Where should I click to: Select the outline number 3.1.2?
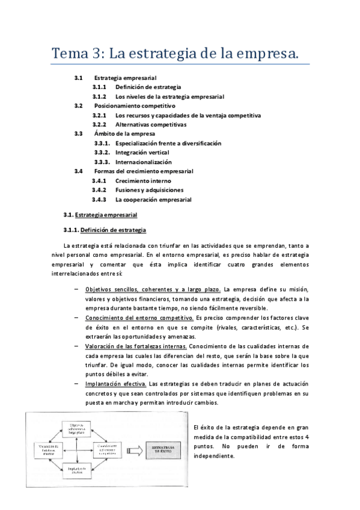99,96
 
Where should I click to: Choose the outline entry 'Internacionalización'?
144,162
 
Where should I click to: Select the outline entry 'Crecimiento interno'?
143,180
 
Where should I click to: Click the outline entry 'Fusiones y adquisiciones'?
150,190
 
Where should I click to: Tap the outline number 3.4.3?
99,199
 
